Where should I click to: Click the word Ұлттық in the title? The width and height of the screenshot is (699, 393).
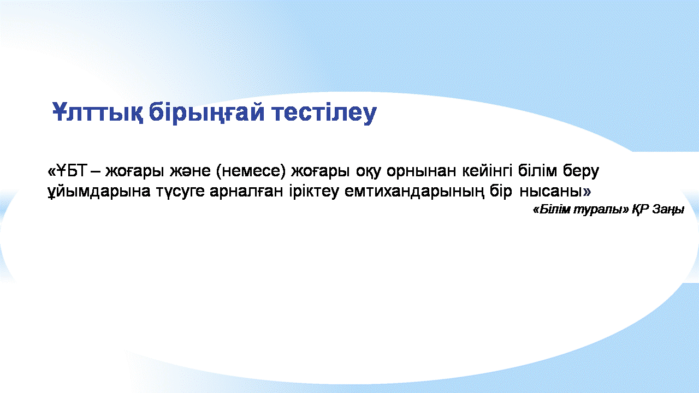click(x=98, y=112)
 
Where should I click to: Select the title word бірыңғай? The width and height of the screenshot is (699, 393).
click(x=206, y=113)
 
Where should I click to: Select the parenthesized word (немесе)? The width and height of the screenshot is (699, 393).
click(x=251, y=171)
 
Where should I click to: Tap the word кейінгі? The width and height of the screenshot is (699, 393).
click(x=487, y=171)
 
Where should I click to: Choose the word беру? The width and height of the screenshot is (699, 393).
click(x=581, y=172)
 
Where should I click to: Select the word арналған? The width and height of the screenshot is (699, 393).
click(x=246, y=192)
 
